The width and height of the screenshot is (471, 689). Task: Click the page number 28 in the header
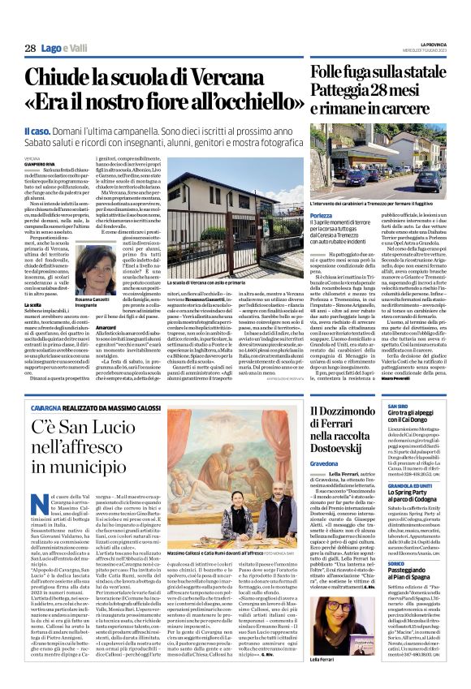(x=28, y=48)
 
